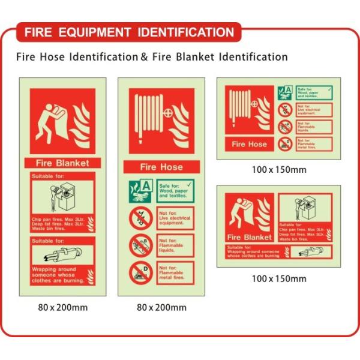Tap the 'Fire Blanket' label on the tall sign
[63, 163]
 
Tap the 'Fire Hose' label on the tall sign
[161, 167]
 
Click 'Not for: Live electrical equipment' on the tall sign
[175, 218]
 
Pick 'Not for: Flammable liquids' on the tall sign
[175, 245]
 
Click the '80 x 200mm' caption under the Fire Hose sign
[161, 308]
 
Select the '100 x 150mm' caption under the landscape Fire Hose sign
[278, 170]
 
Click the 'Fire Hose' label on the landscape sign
[249, 144]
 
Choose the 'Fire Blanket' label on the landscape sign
[249, 237]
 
